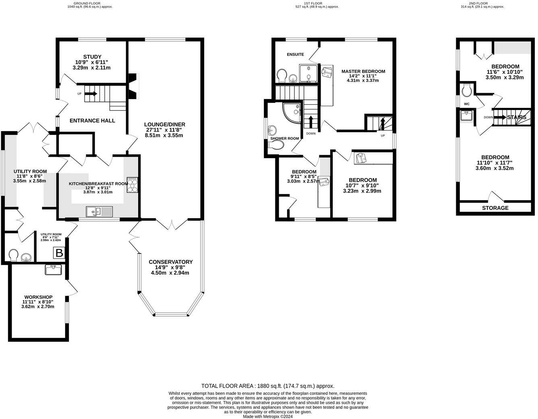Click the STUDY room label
click(x=92, y=57)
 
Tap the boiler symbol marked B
click(x=59, y=253)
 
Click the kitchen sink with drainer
click(x=99, y=212)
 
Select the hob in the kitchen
click(x=132, y=185)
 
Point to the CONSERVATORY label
click(x=171, y=262)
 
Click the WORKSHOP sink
click(x=53, y=270)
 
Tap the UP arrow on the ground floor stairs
click(x=91, y=93)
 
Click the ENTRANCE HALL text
click(x=92, y=120)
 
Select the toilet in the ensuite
click(x=282, y=75)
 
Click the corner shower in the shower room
click(x=292, y=112)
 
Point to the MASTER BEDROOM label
click(x=363, y=71)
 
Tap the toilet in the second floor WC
click(x=468, y=90)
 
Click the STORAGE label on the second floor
click(x=495, y=208)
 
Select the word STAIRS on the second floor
click(x=517, y=117)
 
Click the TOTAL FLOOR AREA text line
click(x=268, y=386)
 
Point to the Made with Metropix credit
click(x=268, y=417)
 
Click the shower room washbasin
click(x=272, y=130)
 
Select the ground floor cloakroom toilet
click(x=13, y=255)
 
